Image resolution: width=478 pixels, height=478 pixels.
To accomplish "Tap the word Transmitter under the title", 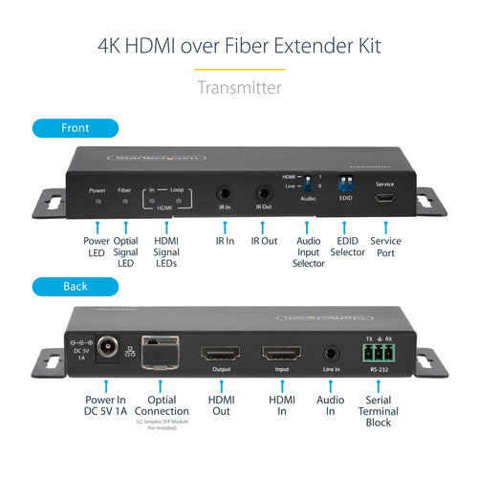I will pyautogui.click(x=239, y=87).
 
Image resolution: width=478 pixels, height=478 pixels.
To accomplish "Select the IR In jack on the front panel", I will pyautogui.click(x=224, y=192).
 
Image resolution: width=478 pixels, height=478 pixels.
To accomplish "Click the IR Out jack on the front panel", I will pyautogui.click(x=264, y=192).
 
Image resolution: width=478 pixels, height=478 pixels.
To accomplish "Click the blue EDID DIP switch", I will pyautogui.click(x=345, y=181).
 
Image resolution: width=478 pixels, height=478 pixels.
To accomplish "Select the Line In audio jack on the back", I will pyautogui.click(x=332, y=354).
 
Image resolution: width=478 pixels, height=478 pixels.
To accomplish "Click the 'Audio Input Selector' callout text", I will pyautogui.click(x=308, y=252).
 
